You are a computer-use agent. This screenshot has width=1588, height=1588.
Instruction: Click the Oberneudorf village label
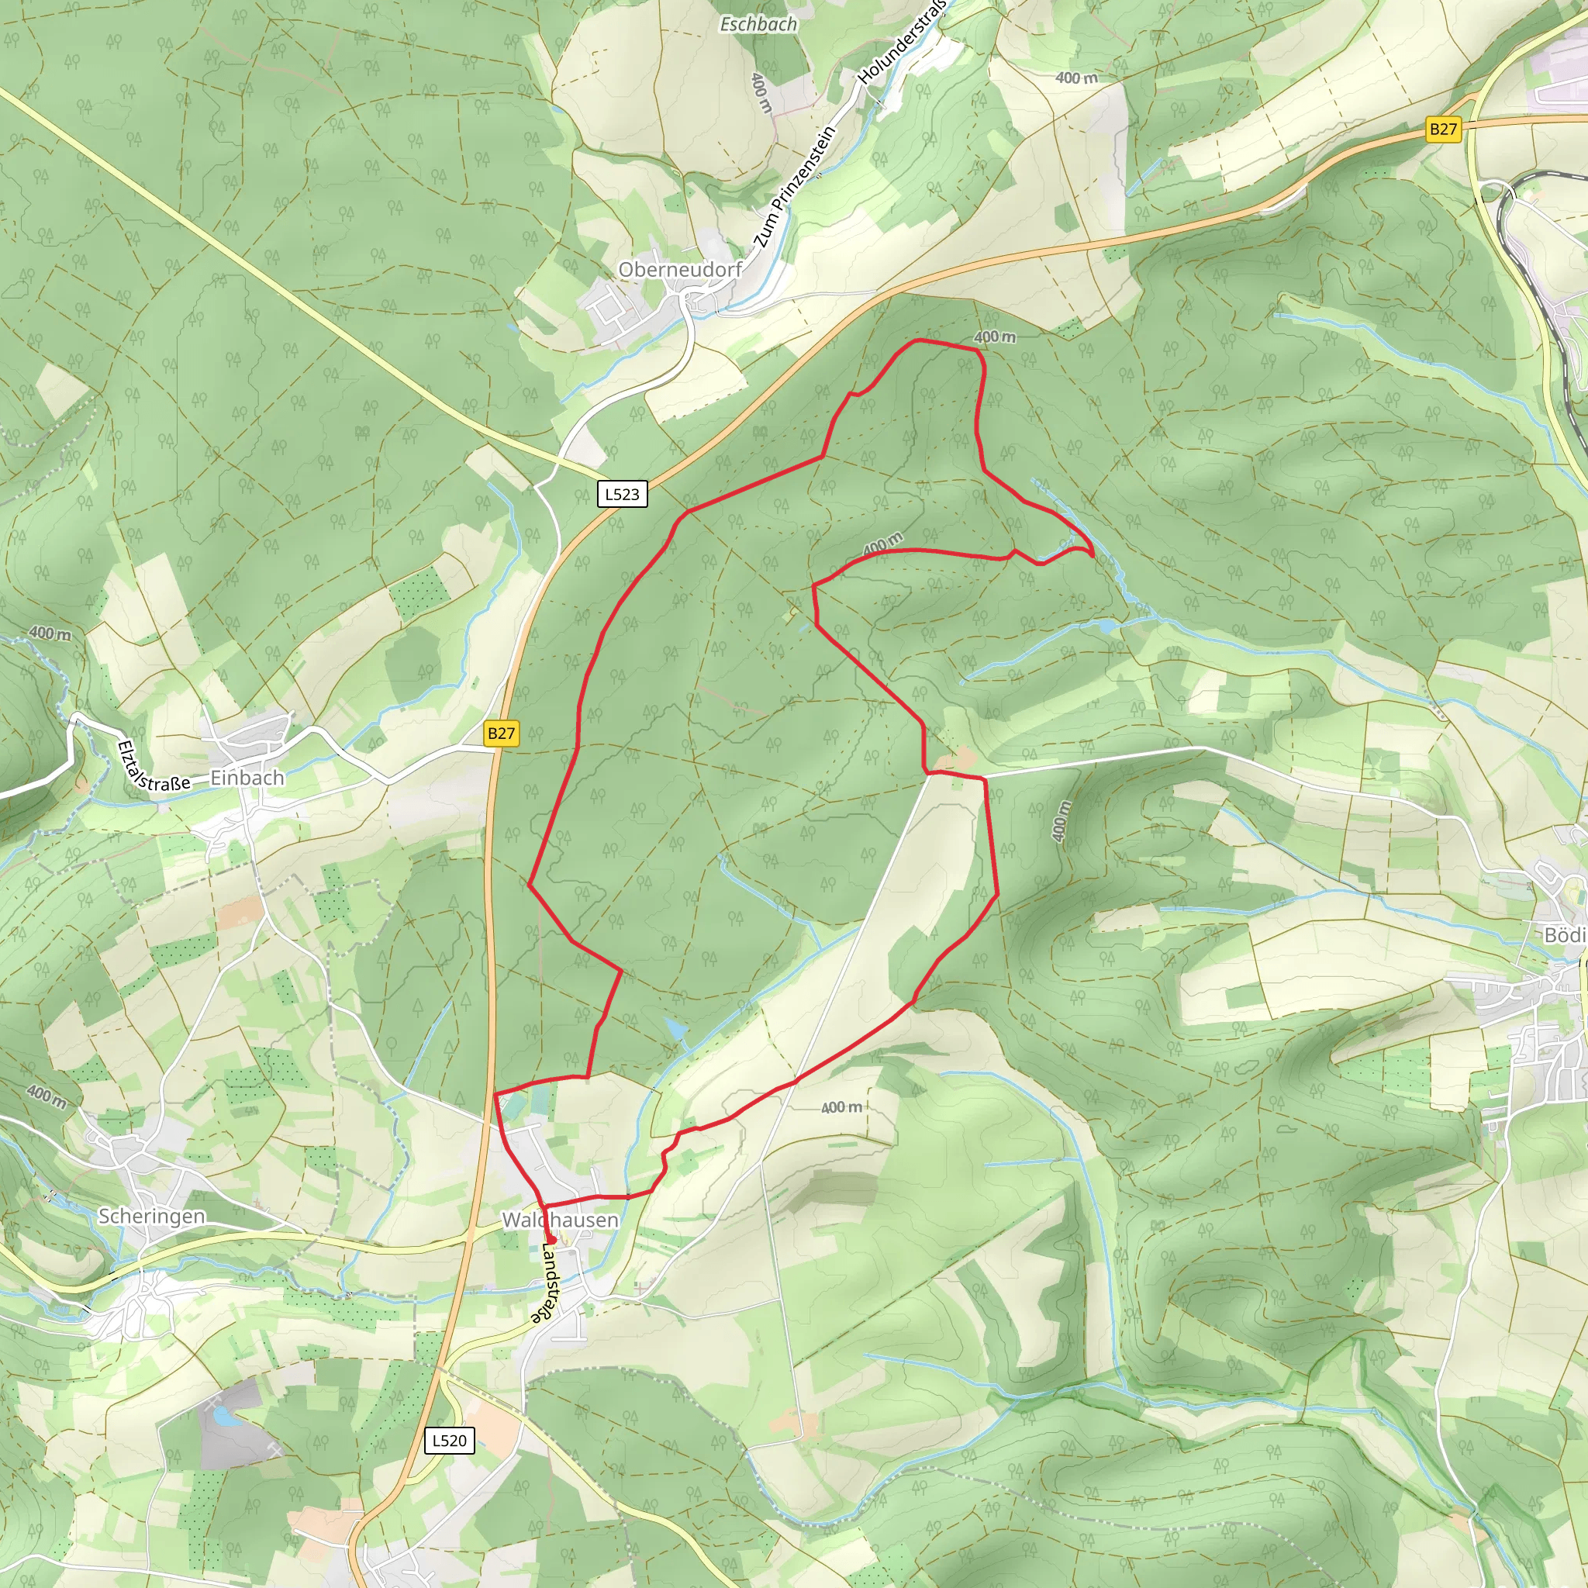pos(680,270)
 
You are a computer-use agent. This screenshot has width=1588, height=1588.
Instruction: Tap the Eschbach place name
pos(758,25)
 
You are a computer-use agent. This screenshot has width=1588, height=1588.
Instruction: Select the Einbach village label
pos(247,778)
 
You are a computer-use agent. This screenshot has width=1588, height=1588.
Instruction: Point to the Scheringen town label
pos(151,1216)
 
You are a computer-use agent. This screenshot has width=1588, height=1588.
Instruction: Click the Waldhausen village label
pos(560,1220)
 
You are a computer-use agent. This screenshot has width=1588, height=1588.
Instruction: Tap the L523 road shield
pos(621,494)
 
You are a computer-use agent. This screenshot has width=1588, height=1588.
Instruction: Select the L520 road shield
pos(449,1440)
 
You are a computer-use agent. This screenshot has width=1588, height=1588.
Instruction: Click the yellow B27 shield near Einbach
pos(502,734)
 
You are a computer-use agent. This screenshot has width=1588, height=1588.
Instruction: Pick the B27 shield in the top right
pos(1442,129)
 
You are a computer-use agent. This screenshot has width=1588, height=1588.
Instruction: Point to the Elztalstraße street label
pos(154,768)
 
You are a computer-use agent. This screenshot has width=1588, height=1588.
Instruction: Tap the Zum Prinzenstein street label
pos(794,188)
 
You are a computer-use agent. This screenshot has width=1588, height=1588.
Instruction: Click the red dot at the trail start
pos(551,1241)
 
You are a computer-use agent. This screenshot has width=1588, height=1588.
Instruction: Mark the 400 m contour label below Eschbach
pos(761,92)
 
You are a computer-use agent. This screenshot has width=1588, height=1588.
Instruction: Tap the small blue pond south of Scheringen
pos(223,1416)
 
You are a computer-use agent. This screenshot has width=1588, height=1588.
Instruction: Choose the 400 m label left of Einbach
pos(50,633)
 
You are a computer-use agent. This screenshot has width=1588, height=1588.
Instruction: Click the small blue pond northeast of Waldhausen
pos(675,1029)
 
